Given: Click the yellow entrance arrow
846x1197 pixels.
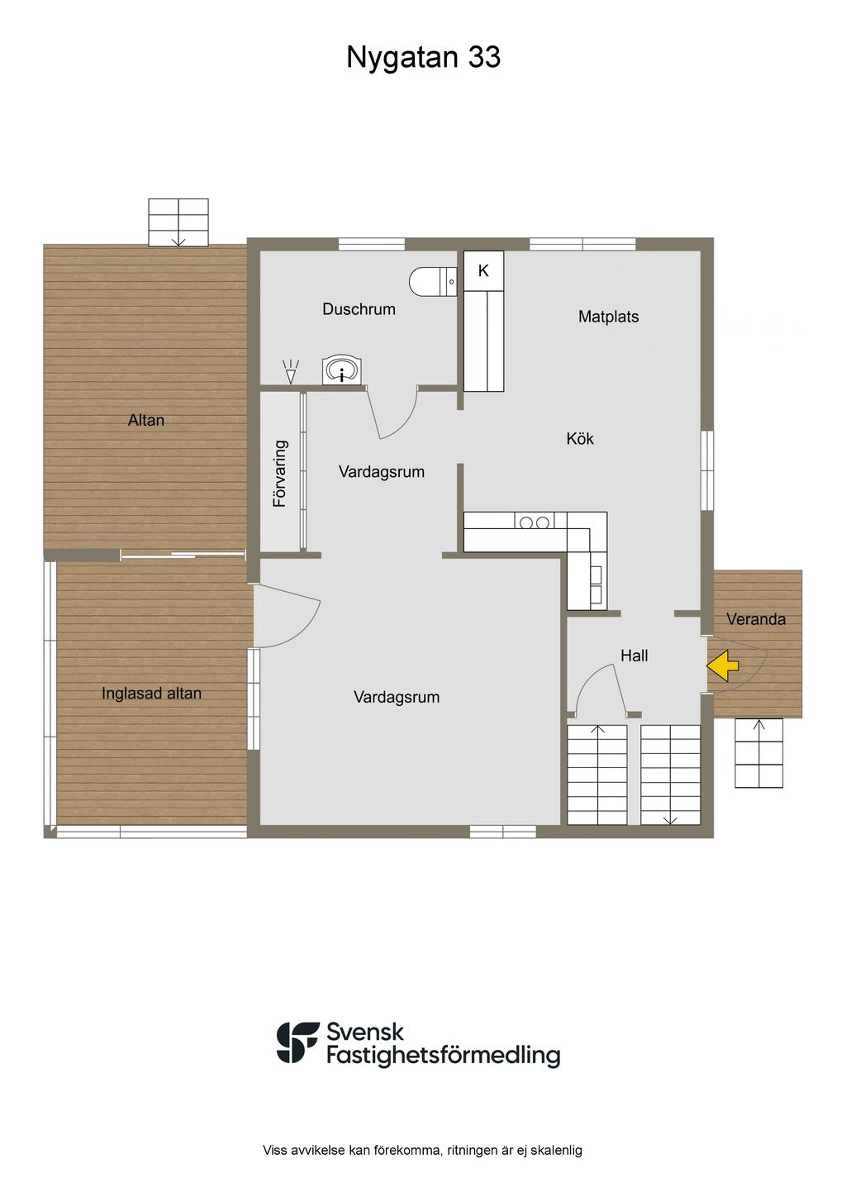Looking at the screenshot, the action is coord(722,665).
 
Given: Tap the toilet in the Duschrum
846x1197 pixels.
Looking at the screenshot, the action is coord(433,281).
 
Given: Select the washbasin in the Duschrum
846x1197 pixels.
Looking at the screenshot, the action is coord(341,370).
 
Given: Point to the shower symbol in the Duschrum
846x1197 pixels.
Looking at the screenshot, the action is coord(291,371).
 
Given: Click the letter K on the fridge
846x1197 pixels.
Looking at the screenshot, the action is coord(483,271).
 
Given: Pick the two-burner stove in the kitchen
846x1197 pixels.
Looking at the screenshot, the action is coord(535,522).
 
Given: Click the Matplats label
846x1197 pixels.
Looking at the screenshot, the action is coord(608,317).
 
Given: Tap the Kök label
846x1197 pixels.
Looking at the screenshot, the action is coord(580,439).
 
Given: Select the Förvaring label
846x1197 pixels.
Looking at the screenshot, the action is coord(280,474).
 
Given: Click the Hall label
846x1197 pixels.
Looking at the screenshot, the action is coord(634,656).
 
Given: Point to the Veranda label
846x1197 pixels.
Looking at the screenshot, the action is coord(756,619).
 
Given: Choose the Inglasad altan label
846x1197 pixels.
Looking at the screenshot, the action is coord(152,694).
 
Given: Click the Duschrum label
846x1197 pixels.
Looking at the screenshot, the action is coord(359,309).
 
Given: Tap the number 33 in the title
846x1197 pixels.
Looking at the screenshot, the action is coord(484,57).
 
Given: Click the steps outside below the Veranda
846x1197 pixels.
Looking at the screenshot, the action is coord(759,753).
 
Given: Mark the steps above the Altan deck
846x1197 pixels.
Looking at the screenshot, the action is coord(178,222).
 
